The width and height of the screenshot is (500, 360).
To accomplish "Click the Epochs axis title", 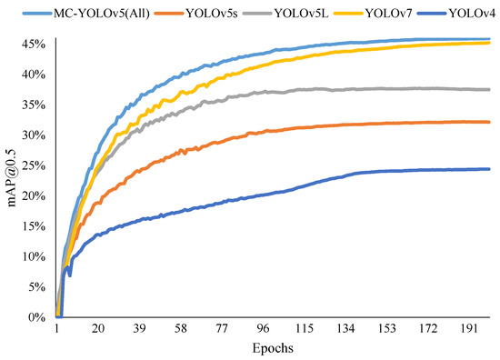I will [x=273, y=349].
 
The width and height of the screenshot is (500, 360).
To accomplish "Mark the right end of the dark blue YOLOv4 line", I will [x=490, y=168].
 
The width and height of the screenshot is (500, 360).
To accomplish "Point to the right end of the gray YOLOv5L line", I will [x=490, y=89].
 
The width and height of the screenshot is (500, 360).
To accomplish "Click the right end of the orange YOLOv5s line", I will [x=490, y=122].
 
